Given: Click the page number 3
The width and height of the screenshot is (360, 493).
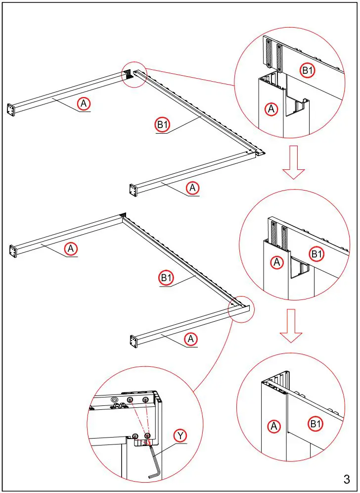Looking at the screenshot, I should coord(346,479).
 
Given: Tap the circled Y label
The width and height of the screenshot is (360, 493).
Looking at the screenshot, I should coord(180,436).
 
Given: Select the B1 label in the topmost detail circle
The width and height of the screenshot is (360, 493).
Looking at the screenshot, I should coord(308,70).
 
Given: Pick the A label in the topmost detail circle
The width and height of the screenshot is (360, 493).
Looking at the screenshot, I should coord(270,109).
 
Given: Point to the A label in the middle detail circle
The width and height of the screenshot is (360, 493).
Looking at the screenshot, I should coord(277,262).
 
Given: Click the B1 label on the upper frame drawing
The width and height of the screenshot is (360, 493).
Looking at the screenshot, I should coord(162,125).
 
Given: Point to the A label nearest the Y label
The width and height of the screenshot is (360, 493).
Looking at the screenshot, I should coord(190,339).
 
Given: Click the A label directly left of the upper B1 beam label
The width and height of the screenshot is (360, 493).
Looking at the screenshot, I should coord(84,103).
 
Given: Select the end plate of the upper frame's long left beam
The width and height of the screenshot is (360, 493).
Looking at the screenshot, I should coord(10,109).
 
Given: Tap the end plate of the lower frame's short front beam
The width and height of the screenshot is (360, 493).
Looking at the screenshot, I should coord(133,341).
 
